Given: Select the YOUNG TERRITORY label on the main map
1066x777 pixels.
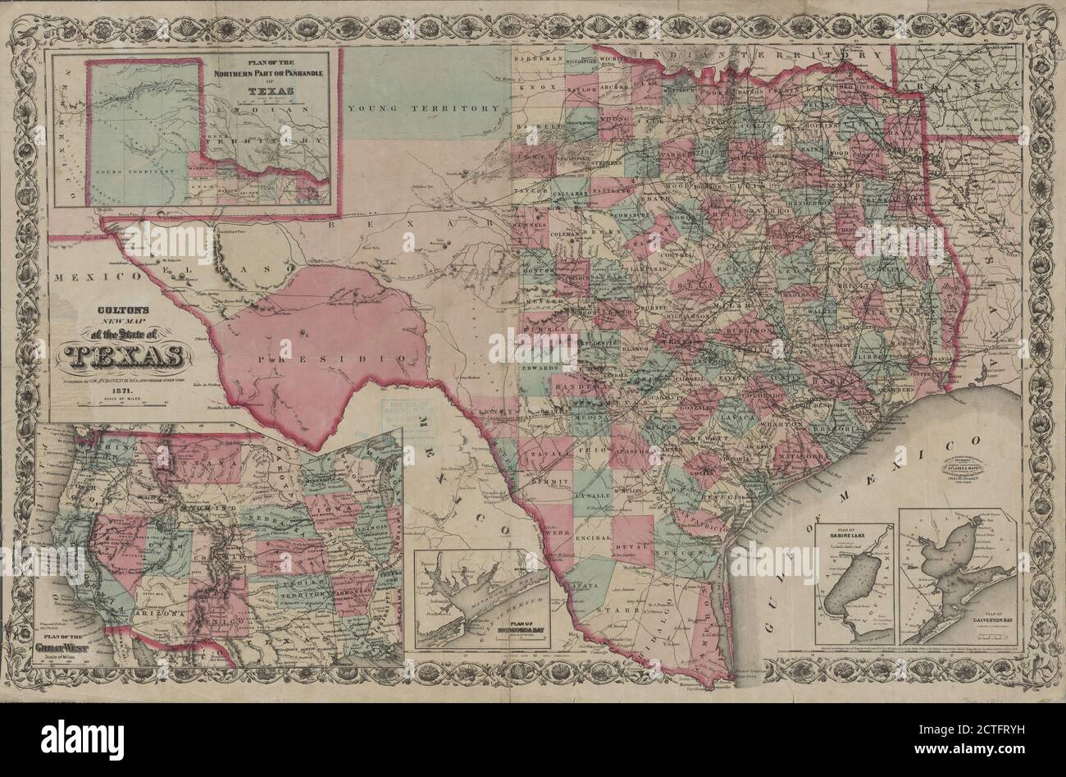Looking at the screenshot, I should pos(423,108).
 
